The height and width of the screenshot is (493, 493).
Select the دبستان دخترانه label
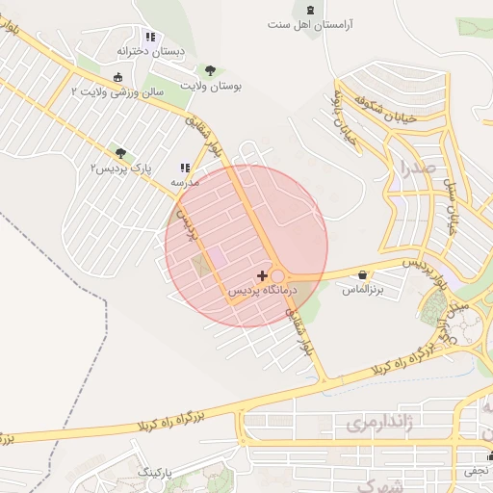[x=149, y=50]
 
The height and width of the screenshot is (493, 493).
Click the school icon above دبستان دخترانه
[x=150, y=37]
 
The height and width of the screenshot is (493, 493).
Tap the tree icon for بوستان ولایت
[x=210, y=70]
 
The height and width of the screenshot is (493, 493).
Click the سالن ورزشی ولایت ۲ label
[x=118, y=91]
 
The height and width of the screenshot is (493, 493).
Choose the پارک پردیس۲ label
[x=120, y=169]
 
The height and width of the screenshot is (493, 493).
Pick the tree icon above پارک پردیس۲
[x=120, y=153]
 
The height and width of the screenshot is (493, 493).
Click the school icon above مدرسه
[x=185, y=168]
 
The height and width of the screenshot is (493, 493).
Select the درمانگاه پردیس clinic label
[x=263, y=290]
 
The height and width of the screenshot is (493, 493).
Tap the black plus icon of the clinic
[x=262, y=275]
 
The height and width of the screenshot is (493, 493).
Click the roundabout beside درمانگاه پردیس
[x=277, y=276]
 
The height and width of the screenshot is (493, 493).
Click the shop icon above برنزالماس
[x=362, y=274]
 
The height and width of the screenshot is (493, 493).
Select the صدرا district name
[x=421, y=171]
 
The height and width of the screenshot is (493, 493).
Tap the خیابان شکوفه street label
[x=360, y=111]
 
